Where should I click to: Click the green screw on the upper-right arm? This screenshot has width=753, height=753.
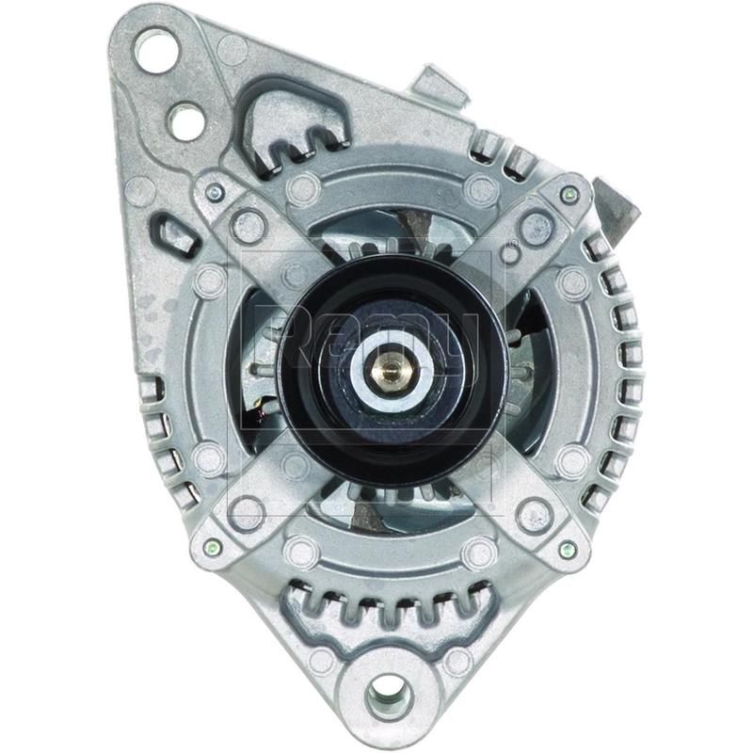point(568,195)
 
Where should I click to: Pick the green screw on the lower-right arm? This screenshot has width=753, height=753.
point(567,548)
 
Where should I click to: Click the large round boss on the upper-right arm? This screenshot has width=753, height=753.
point(536,226)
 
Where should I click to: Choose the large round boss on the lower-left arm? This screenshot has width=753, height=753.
point(247,514)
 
